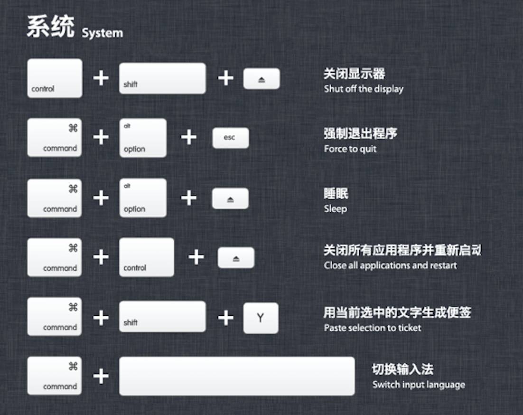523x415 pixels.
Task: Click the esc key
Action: (230, 138)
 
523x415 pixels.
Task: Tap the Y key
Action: (261, 318)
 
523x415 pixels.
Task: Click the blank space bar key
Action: (237, 376)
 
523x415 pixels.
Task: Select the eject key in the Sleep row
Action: (230, 198)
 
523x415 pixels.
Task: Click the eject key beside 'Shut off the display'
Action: (261, 79)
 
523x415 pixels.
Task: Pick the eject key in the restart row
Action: (236, 258)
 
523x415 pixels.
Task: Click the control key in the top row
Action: (55, 78)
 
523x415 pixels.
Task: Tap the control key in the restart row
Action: (147, 257)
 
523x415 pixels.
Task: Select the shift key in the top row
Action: (162, 78)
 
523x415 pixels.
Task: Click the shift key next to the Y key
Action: (162, 317)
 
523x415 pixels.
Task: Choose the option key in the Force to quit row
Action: (143, 138)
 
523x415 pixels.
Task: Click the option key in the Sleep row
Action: (143, 198)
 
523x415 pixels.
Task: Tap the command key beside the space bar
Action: (55, 376)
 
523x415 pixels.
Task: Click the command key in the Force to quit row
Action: (55, 138)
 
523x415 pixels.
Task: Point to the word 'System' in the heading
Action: (102, 33)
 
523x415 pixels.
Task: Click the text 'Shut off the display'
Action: (364, 89)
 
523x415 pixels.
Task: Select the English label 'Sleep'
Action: (336, 208)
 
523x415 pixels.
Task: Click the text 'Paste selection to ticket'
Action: (373, 328)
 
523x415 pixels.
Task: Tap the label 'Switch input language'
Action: (419, 385)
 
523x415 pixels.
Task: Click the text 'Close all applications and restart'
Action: (390, 265)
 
